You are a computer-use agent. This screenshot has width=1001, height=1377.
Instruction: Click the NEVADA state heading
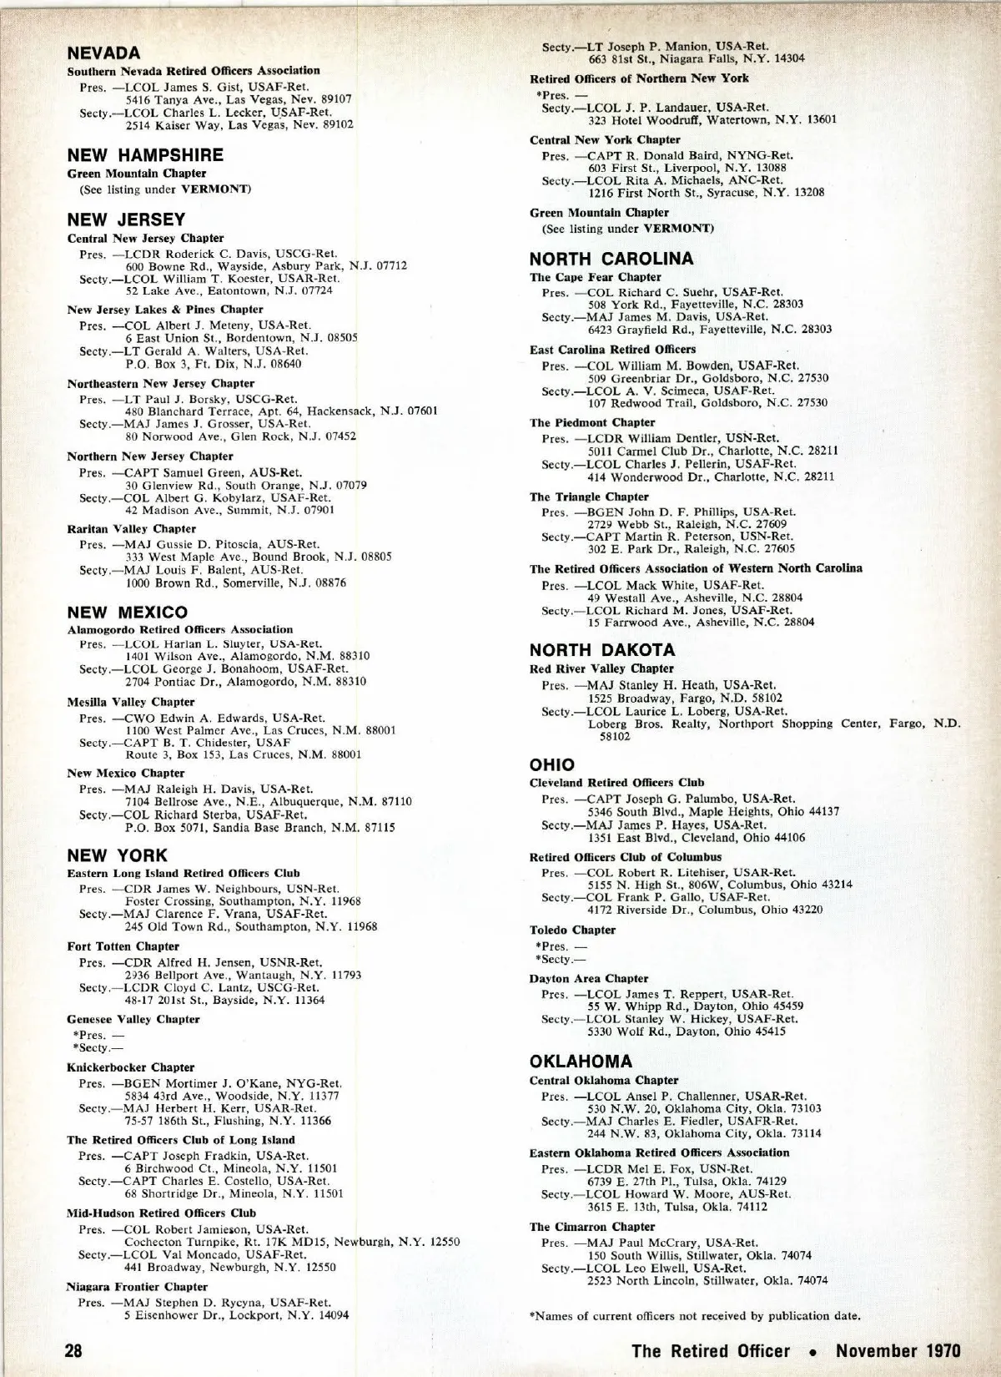[x=103, y=53]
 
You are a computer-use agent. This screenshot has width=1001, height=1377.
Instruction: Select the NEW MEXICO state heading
[x=127, y=613]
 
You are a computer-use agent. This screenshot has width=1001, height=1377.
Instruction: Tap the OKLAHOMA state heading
[x=581, y=1062]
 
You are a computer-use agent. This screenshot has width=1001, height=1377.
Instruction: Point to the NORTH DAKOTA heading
[x=602, y=650]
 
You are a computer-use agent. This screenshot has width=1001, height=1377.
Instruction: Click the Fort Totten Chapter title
[x=123, y=946]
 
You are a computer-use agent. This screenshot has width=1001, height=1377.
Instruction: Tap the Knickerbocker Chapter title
[x=130, y=1067]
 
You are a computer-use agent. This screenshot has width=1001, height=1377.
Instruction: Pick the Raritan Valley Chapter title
[x=131, y=529]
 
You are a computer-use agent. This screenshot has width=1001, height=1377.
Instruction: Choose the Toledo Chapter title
[x=572, y=930]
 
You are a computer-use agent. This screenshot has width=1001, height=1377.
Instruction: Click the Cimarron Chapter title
[x=592, y=1227]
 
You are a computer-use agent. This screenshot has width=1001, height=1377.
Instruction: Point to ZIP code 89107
[x=335, y=98]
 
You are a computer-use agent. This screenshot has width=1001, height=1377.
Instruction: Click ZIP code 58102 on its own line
[x=616, y=737]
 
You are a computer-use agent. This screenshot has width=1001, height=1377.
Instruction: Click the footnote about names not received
[x=695, y=1316]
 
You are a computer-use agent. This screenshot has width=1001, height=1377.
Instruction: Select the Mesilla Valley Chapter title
[x=130, y=702]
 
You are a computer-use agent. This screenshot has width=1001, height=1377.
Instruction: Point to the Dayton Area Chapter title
[x=589, y=978]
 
